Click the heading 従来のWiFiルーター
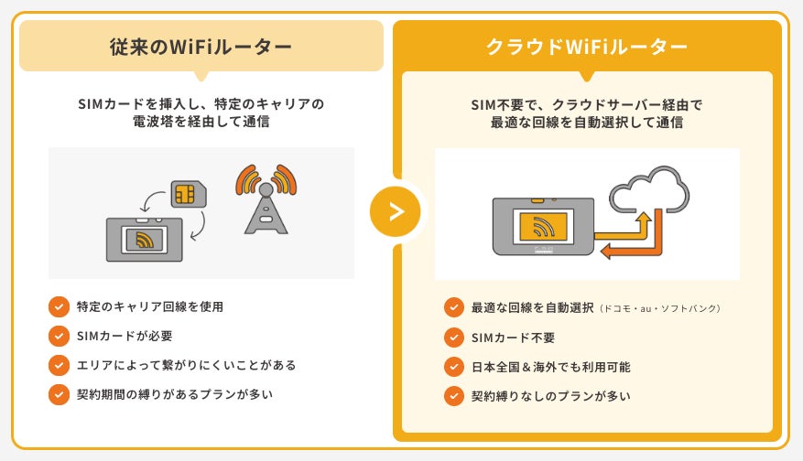click(201, 47)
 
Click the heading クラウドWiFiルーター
click(587, 47)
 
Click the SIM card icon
click(189, 194)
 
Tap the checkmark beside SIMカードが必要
click(60, 336)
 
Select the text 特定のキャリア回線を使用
click(151, 306)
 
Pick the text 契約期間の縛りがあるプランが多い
click(175, 394)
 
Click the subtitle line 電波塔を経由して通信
click(201, 122)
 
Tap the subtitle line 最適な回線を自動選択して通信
click(587, 123)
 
